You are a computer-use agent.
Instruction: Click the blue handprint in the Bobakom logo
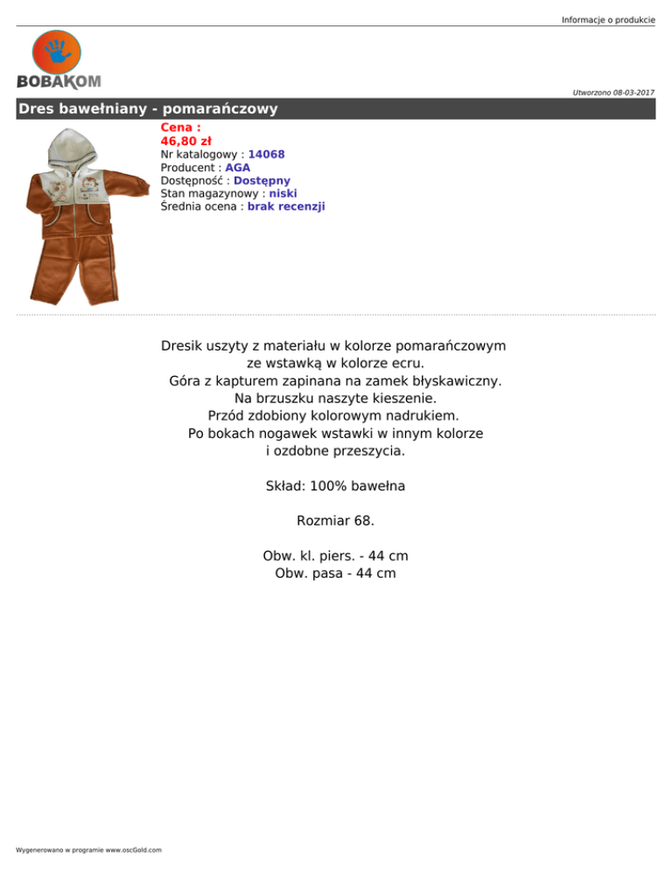point(57,52)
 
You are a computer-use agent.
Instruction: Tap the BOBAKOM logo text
point(59,81)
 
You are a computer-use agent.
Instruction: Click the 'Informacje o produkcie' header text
point(608,19)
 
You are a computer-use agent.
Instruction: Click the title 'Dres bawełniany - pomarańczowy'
point(149,109)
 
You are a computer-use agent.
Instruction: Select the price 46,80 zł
point(185,141)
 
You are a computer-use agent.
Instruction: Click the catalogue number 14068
point(266,154)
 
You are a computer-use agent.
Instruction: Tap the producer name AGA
point(238,167)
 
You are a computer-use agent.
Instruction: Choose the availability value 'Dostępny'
point(262,180)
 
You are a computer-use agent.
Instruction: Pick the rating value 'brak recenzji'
point(286,206)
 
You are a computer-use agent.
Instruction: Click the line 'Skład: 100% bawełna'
point(335,485)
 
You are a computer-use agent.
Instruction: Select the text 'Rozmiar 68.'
point(335,520)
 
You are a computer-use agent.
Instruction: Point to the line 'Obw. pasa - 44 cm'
point(335,574)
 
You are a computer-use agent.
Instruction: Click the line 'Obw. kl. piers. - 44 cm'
point(335,556)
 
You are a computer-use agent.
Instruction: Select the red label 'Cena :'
point(180,128)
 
